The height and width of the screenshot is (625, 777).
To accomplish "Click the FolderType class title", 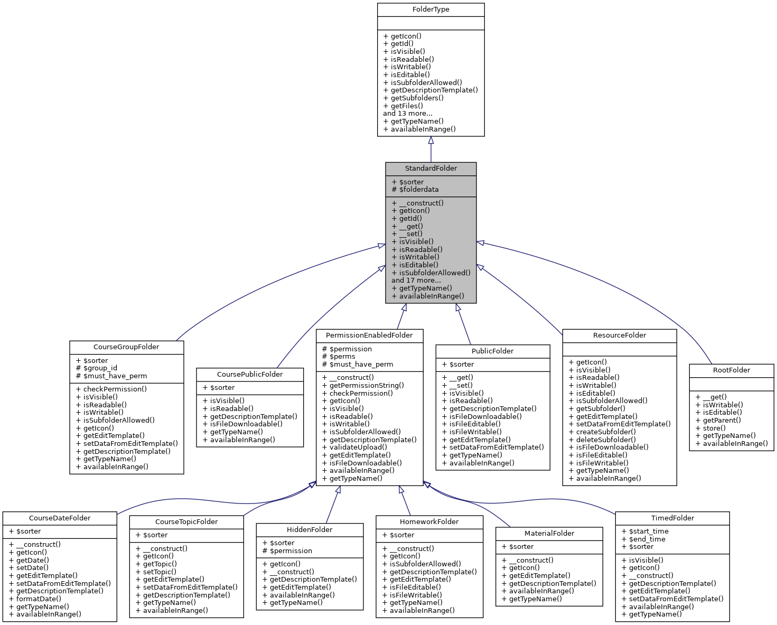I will (x=430, y=10).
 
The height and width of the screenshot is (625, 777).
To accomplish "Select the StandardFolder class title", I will (x=430, y=169).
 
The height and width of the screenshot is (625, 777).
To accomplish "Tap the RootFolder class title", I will (x=731, y=370).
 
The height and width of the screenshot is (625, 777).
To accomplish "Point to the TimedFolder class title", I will (x=672, y=518).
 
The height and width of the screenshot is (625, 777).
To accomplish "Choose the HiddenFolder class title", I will (x=310, y=530).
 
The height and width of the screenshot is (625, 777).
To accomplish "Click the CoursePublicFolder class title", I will (x=250, y=375).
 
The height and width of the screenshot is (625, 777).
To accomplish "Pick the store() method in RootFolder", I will (x=710, y=428).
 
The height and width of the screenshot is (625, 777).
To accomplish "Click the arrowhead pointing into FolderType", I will (x=430, y=141).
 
